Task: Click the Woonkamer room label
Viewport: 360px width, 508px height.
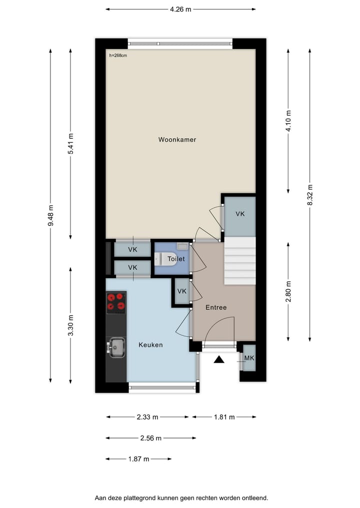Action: [177, 140]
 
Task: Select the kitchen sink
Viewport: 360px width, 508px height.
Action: [117, 347]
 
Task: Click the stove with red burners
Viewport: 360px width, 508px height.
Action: [115, 303]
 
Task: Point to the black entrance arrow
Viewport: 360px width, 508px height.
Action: [219, 359]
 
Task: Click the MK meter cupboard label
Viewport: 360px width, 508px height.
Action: [248, 358]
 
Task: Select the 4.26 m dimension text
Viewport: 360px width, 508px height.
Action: [181, 9]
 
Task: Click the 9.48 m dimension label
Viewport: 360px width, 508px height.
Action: [50, 216]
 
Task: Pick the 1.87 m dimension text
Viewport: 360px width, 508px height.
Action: [138, 459]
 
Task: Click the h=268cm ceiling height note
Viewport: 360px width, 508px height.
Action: [118, 55]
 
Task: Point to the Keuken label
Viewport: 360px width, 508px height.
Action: [150, 345]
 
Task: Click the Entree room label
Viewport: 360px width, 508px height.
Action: [216, 307]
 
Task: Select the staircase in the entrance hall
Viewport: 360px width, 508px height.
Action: [239, 261]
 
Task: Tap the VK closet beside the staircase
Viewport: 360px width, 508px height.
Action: [240, 214]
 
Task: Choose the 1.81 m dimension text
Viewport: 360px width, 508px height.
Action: [224, 417]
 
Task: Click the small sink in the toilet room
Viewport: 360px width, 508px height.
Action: [182, 246]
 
